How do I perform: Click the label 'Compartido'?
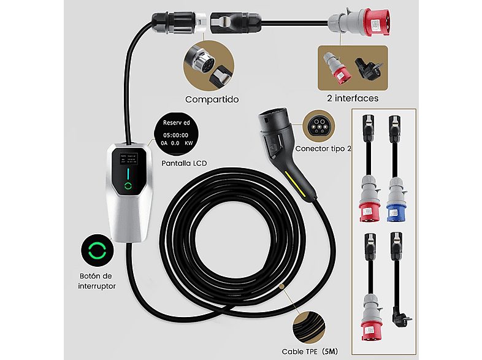click(212, 98)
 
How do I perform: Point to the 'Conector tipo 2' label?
click(323, 148)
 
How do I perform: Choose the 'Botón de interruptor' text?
click(97, 281)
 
